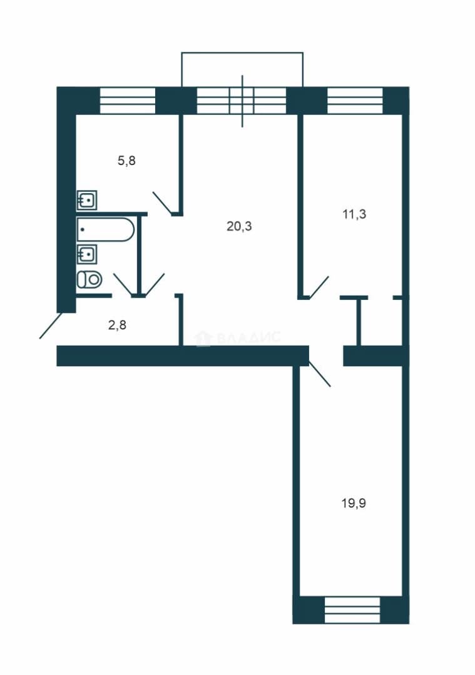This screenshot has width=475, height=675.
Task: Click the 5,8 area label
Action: coord(126,161)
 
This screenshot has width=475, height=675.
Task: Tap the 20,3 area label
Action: coord(239,226)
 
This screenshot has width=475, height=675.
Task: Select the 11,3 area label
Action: coord(354,214)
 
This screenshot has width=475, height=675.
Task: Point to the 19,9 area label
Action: coord(354,502)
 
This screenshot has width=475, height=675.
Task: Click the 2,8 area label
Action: coord(117,324)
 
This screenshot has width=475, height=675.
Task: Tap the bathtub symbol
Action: coord(106,229)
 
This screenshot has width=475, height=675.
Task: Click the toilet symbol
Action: coord(89,280)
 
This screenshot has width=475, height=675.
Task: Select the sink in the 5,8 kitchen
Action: coord(86,200)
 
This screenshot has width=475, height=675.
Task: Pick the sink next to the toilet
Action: coord(86,254)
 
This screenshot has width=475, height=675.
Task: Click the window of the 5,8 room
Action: coord(127,101)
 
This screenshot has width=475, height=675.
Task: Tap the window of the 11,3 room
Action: coord(355,101)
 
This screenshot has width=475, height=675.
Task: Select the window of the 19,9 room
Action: coord(352,609)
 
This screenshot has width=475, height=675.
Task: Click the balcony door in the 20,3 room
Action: coord(242,101)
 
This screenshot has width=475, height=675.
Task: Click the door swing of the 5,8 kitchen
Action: coord(163,202)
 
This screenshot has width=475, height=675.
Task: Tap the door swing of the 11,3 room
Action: coord(319,287)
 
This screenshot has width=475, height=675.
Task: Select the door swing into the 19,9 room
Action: coord(320,374)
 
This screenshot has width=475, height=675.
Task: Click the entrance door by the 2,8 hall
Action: coord(51,326)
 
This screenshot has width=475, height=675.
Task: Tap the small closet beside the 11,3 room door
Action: coord(380,321)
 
